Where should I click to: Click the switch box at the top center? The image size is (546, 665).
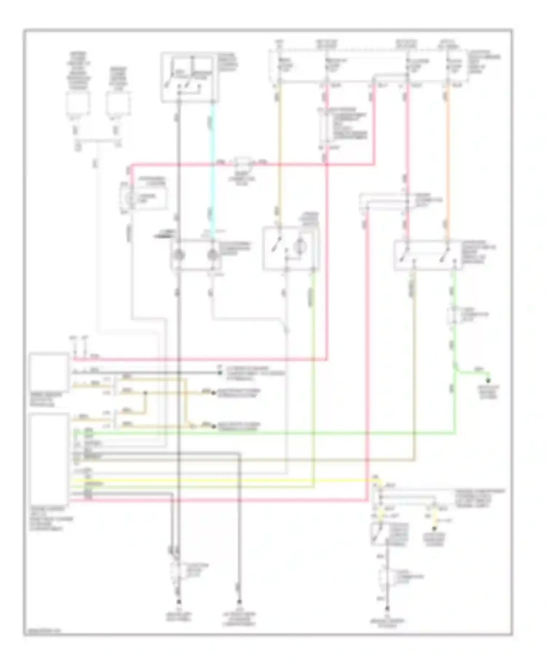coord(190,77)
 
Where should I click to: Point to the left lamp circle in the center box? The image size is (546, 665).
coord(179,255)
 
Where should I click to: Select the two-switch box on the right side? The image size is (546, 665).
coord(428,255)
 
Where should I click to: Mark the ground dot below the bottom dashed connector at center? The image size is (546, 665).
coord(179,602)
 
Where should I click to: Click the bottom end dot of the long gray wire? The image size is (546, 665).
coord(240,602)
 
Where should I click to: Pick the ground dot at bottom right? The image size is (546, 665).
coord(387,608)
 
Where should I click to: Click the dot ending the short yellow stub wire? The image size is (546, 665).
coord(434,528)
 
